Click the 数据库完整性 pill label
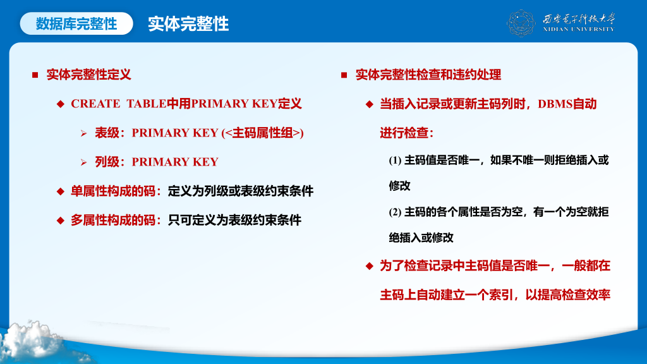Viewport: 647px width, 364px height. (76, 23)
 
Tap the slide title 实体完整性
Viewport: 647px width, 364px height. (188, 24)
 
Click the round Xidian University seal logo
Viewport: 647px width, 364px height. (521, 23)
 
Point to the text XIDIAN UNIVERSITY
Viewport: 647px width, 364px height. (579, 29)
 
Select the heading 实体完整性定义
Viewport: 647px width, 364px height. (88, 75)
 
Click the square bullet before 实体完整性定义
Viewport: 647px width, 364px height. (35, 75)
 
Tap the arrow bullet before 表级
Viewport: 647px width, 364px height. (84, 133)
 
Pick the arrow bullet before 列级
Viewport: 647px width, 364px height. (84, 162)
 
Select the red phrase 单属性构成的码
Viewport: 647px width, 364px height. (113, 191)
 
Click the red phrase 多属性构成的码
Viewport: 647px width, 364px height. (113, 221)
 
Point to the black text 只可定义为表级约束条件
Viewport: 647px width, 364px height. (235, 221)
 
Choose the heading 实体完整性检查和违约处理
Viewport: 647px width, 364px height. (428, 75)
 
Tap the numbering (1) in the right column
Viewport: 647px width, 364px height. (395, 160)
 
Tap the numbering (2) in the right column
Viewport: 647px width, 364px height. (395, 212)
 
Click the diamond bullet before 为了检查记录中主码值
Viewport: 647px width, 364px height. (369, 266)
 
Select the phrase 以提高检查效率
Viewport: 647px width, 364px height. (568, 295)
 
